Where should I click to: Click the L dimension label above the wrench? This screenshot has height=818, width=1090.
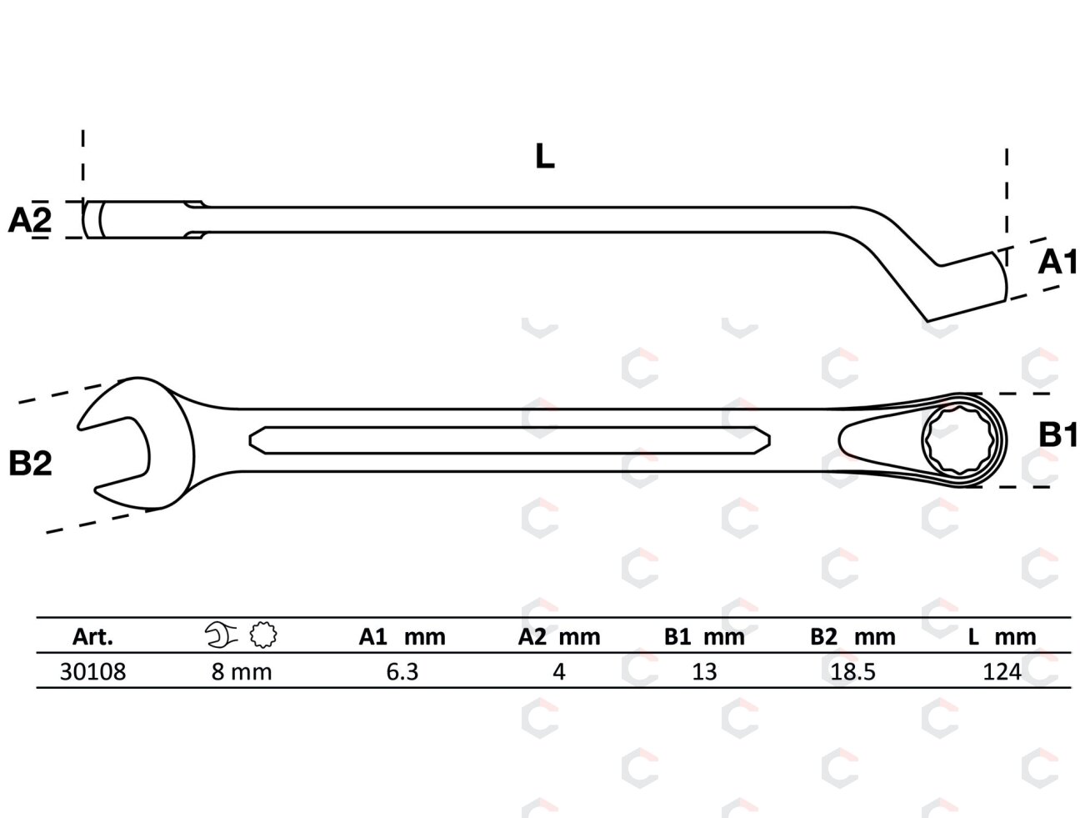coord(544,156)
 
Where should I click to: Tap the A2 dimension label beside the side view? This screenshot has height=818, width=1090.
coord(30,220)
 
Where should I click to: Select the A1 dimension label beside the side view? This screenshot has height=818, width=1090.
coord(1057,262)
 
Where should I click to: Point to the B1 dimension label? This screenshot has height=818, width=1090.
coord(1057,435)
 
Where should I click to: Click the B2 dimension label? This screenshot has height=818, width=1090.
coord(30,464)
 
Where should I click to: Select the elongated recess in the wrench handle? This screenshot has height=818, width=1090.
coord(509,440)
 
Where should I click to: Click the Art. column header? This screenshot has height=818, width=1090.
coord(92,637)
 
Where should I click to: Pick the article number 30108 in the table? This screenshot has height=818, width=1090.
coord(92,672)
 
